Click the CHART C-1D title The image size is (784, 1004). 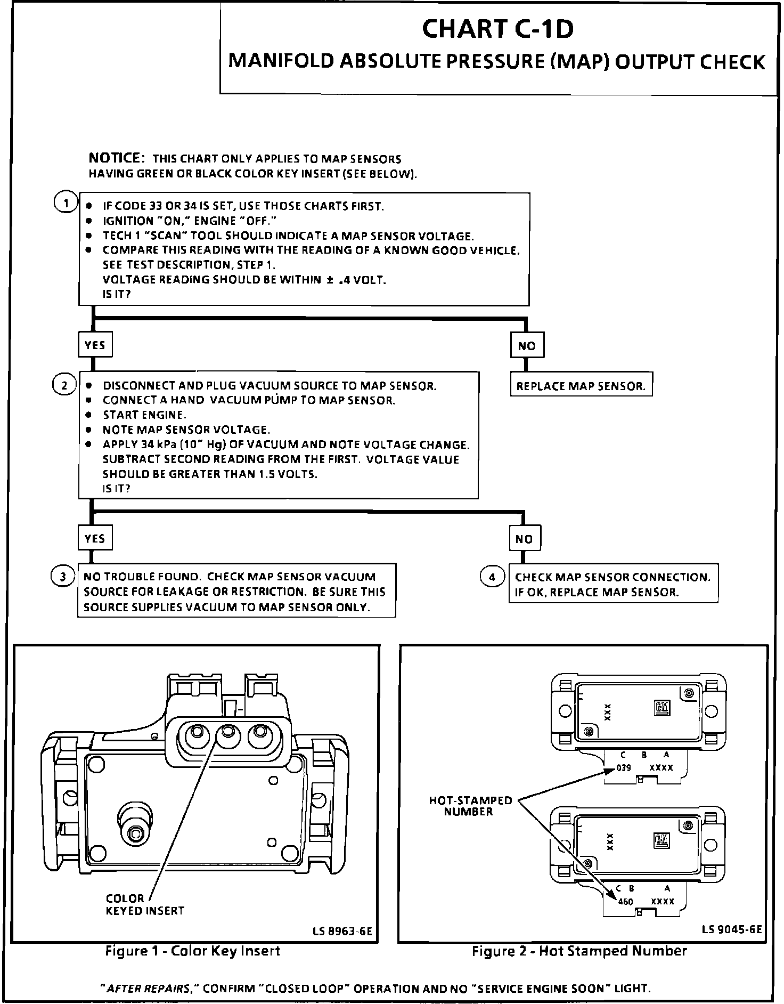(x=497, y=29)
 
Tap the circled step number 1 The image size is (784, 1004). (x=66, y=203)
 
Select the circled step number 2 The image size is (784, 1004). (x=64, y=385)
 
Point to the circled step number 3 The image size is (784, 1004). (x=62, y=577)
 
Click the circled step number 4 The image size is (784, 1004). (x=492, y=577)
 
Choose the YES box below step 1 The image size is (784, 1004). (x=95, y=345)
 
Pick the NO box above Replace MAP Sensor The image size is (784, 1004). (x=526, y=345)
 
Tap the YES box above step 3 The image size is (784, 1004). (x=95, y=538)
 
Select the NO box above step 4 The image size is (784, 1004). (x=524, y=539)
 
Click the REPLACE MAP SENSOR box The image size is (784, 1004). (x=581, y=386)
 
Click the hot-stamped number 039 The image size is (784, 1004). (x=623, y=768)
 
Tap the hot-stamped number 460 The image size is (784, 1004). (x=625, y=902)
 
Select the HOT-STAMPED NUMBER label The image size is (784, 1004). (x=470, y=806)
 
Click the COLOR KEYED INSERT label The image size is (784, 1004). (x=144, y=904)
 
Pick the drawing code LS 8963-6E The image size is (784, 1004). (x=342, y=931)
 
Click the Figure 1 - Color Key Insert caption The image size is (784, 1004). (x=192, y=951)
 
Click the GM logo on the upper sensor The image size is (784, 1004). (x=661, y=708)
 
